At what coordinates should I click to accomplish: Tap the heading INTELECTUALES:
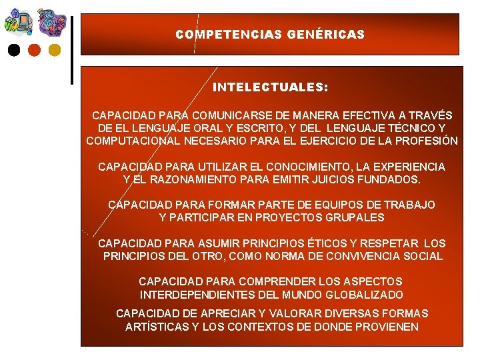pyautogui.click(x=270, y=87)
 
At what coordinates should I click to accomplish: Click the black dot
pyautogui.click(x=13, y=50)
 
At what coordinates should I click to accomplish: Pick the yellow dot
pyautogui.click(x=55, y=50)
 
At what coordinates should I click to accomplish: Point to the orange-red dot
pyautogui.click(x=34, y=50)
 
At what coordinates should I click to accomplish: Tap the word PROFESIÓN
pyautogui.click(x=426, y=141)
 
